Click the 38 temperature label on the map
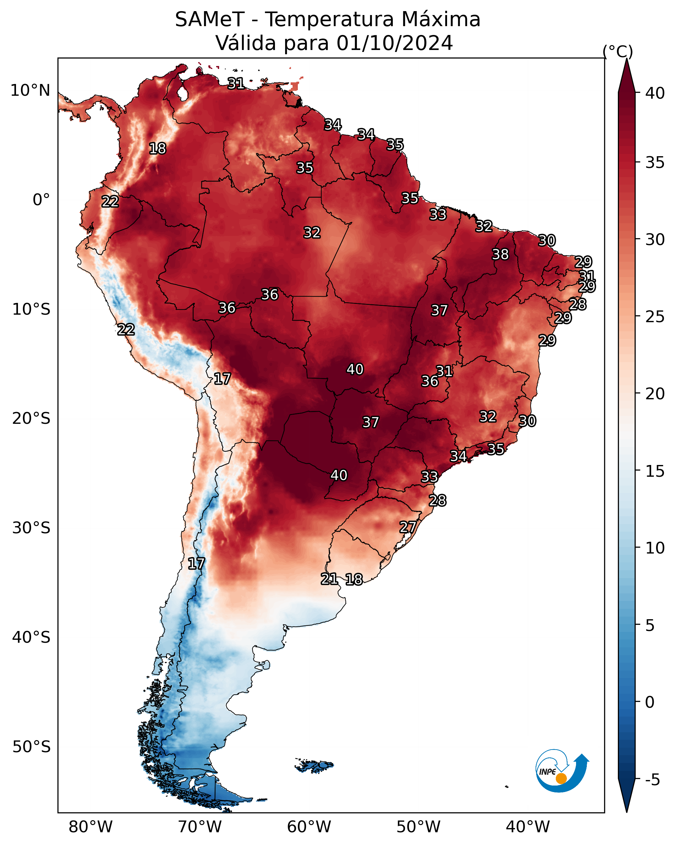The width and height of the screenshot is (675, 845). tap(500, 254)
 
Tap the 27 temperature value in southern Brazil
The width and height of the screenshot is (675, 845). tap(408, 527)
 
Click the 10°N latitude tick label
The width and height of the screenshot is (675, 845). tap(30, 91)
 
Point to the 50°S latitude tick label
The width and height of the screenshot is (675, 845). tap(31, 747)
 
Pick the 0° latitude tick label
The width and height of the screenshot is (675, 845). tap(41, 200)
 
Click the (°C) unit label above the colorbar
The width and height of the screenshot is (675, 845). tap(618, 51)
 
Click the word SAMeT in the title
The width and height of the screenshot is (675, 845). tap(210, 20)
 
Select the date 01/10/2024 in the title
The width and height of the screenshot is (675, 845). tap(394, 43)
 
